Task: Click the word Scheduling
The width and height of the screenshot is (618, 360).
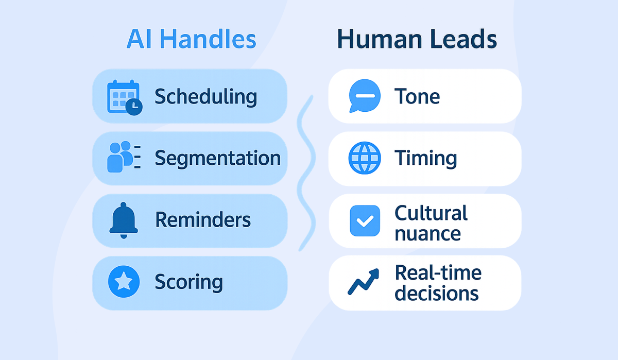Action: [205, 97]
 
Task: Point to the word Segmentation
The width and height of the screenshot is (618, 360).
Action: [218, 158]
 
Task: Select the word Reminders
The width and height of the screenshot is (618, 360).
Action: [203, 220]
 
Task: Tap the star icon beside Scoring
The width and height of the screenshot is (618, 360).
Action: [124, 282]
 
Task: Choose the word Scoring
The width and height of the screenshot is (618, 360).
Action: [189, 282]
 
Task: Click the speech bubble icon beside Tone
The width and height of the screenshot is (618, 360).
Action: [365, 96]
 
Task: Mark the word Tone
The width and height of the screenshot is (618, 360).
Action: [417, 96]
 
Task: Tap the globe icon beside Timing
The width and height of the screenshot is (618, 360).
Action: [365, 158]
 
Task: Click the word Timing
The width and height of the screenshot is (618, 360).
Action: [425, 158]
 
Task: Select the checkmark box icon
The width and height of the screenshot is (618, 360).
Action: [365, 220]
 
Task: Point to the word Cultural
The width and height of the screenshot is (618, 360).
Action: [431, 213]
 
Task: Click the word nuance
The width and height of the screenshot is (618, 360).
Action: [427, 233]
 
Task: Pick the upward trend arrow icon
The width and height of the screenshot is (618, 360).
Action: [364, 281]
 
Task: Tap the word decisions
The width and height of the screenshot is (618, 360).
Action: [437, 294]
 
